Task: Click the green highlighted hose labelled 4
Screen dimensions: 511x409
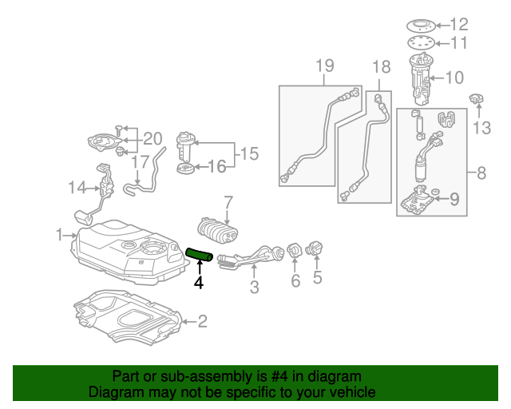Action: [199, 255]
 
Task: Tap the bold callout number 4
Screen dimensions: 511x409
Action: [199, 283]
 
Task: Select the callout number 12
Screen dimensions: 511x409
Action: [459, 25]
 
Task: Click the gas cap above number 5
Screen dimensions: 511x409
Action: [314, 248]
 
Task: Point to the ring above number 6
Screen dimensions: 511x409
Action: [295, 251]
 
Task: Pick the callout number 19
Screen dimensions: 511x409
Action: [325, 66]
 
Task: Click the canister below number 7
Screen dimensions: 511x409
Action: [217, 231]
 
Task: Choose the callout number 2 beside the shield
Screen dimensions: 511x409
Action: [202, 321]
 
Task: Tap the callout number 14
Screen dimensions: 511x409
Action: [77, 188]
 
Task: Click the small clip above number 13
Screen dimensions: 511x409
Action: [476, 98]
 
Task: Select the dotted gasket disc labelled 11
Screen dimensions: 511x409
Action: [421, 42]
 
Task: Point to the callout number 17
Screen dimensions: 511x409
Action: [141, 162]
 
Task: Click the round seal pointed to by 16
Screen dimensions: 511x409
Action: [185, 169]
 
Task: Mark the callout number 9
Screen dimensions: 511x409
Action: [454, 199]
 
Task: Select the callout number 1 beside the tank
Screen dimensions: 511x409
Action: [59, 235]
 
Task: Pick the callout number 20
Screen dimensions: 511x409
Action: [153, 139]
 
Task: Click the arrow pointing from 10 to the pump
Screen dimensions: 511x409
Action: [436, 78]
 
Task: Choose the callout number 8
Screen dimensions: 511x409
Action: [481, 173]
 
